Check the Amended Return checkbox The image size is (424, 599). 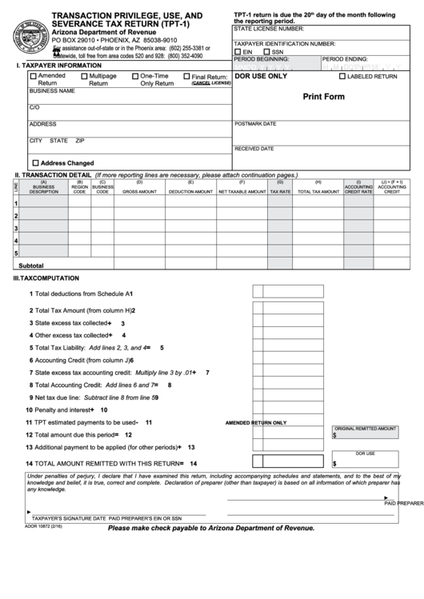pos(33,76)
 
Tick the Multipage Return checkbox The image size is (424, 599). pos(84,76)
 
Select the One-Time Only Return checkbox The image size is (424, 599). pos(135,76)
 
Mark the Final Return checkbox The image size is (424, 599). pos(186,77)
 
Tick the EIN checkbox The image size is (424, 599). pos(238,51)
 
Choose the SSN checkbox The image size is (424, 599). pos(266,51)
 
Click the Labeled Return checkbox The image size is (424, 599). pos(342,77)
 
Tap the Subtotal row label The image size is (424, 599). pos(31,265)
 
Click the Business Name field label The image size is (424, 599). pos(52,91)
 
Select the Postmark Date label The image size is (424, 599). pos(255,124)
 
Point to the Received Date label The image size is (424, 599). pos(254,149)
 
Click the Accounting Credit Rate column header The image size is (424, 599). pos(358,190)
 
